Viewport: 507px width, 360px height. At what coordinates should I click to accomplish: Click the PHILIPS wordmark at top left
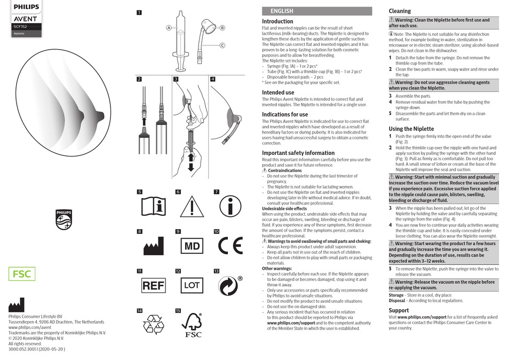pyautogui.click(x=26, y=7)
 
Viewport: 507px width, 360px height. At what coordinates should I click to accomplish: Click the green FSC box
pyautogui.click(x=22, y=275)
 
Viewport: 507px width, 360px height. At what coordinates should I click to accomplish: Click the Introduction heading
pyautogui.click(x=278, y=21)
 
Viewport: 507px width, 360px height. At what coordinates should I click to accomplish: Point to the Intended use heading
pyautogui.click(x=278, y=92)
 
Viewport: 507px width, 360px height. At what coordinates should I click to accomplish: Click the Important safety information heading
pyautogui.click(x=298, y=153)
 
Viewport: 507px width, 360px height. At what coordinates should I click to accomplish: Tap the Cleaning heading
pyautogui.click(x=400, y=11)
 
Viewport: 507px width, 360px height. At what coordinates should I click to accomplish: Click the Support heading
pyautogui.click(x=399, y=310)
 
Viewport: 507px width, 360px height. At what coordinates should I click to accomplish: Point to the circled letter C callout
pyautogui.click(x=222, y=45)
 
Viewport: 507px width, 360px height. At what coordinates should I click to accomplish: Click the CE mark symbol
pyautogui.click(x=230, y=246)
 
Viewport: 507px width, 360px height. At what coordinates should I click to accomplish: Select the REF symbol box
pyautogui.click(x=153, y=286)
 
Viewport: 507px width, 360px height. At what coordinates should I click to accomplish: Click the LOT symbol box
pyautogui.click(x=192, y=286)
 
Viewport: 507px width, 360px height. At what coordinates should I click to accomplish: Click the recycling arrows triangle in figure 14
pyautogui.click(x=154, y=325)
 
